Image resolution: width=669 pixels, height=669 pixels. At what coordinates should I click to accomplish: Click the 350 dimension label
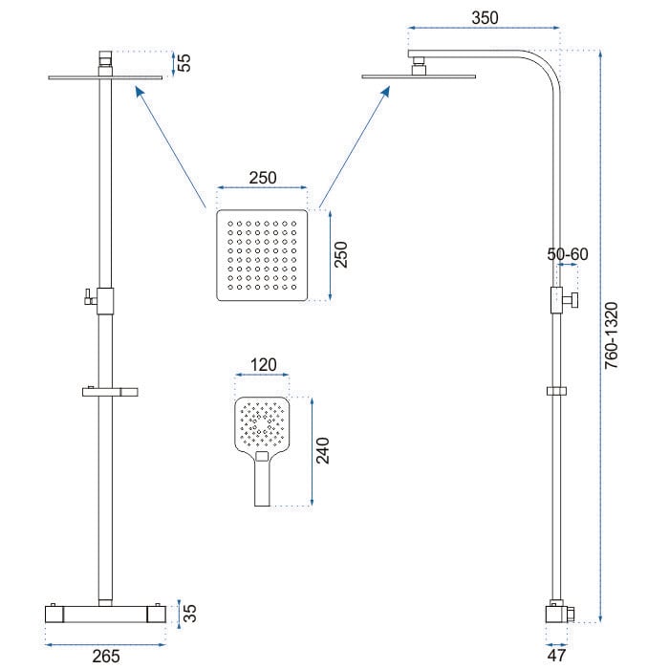[x=485, y=18]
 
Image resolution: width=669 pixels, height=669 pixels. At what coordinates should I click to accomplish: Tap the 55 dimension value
[x=183, y=63]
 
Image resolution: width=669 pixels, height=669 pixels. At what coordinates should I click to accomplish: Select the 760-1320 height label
[x=611, y=335]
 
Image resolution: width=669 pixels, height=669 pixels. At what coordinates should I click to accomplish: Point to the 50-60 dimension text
[x=568, y=254]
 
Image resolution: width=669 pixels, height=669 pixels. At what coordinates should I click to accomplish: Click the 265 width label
[x=106, y=657]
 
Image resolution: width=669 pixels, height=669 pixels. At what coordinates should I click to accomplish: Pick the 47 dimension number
[x=556, y=655]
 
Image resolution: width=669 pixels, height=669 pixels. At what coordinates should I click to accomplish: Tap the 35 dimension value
[x=190, y=614]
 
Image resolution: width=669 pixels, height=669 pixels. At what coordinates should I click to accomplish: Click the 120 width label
[x=263, y=365]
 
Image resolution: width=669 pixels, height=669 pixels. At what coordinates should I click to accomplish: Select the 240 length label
[x=323, y=450]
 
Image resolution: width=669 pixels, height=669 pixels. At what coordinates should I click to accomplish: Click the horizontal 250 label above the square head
[x=263, y=178]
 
